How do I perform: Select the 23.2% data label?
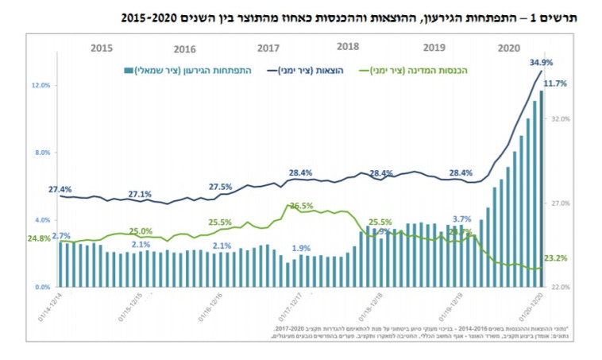[557, 258]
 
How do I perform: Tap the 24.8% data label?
[39, 238]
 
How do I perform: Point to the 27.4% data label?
[60, 190]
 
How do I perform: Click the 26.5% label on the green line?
[301, 206]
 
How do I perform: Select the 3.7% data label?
[461, 219]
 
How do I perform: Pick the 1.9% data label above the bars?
[301, 247]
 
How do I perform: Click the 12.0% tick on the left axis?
[40, 85]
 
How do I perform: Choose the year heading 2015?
[102, 48]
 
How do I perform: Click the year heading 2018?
[349, 47]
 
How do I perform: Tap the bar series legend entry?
[189, 71]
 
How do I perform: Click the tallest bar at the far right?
[542, 189]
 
